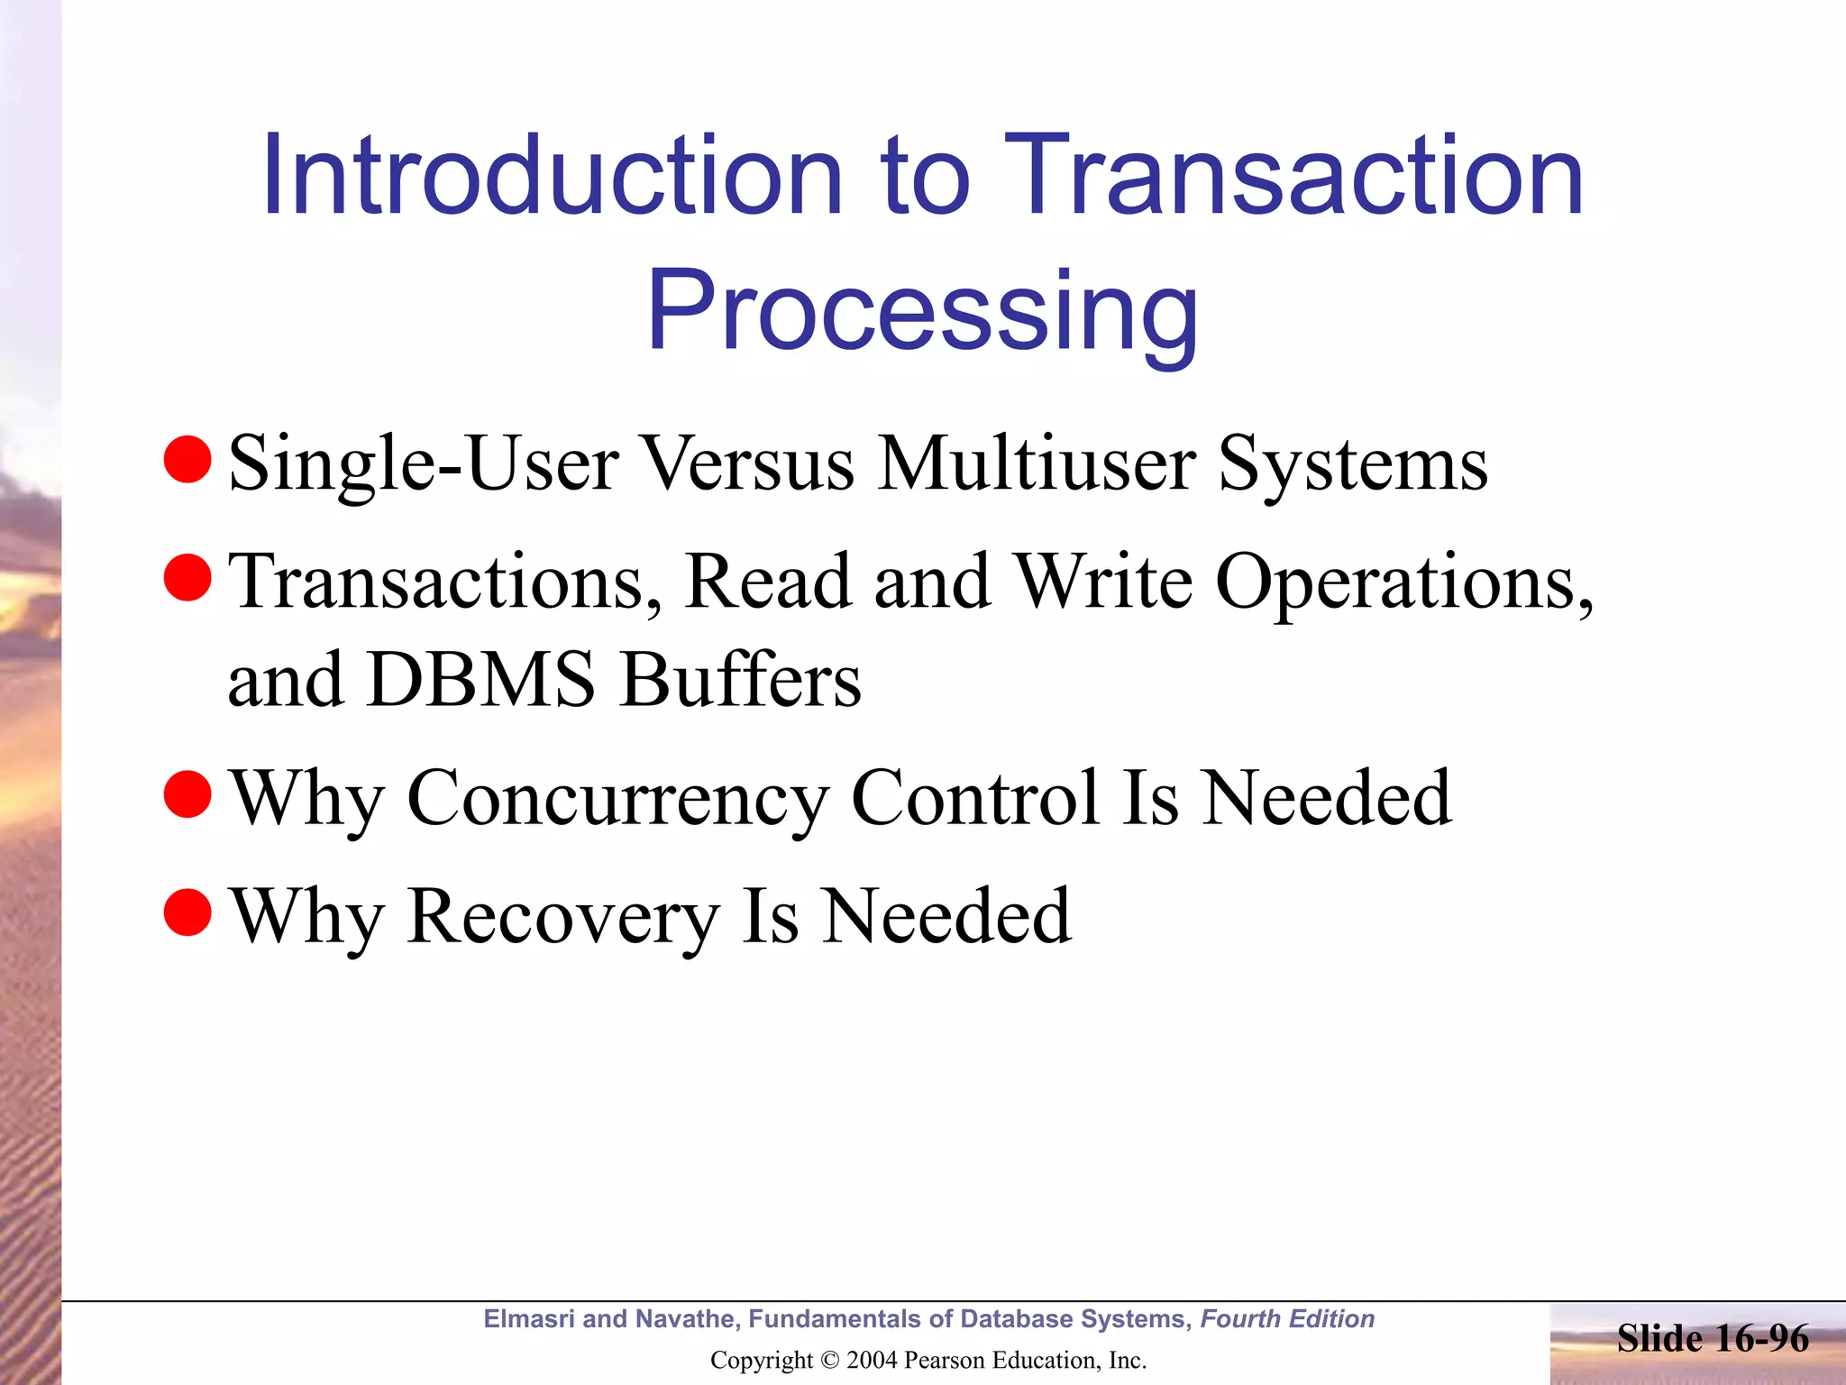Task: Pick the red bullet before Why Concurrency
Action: point(187,793)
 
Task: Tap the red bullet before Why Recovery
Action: point(187,912)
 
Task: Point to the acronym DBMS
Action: point(481,680)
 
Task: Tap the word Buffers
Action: point(740,680)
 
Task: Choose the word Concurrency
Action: point(617,798)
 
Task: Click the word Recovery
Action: point(562,916)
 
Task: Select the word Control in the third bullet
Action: point(975,798)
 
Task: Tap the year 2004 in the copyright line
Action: point(872,1361)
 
